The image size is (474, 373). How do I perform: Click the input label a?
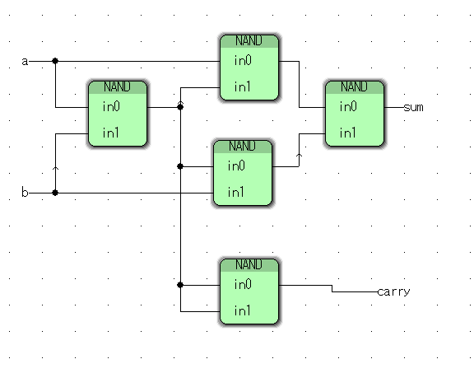coord(25,62)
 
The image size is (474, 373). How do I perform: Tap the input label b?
coord(25,192)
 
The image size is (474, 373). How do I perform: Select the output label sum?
coord(414,108)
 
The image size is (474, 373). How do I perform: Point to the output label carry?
coord(394,292)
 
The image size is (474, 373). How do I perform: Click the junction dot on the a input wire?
coord(55,61)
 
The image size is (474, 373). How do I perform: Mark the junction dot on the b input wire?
coord(55,193)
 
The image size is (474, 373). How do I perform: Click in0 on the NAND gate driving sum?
coord(348,106)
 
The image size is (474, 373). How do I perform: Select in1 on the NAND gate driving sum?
coord(347,133)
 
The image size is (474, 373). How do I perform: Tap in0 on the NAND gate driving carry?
coord(243,284)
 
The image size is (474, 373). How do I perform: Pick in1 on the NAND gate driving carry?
coord(242,310)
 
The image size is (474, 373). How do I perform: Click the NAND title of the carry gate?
coord(249,264)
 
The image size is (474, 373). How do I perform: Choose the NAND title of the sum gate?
coord(354,86)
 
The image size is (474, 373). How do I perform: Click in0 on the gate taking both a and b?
coord(111,106)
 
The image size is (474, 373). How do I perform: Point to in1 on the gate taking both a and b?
coord(110,133)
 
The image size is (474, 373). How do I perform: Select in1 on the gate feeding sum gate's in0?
coord(242,86)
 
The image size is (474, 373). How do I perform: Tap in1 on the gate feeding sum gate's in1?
coord(235,192)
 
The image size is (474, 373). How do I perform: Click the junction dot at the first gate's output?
coord(180,107)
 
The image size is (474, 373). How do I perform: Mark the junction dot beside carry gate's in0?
coord(180,285)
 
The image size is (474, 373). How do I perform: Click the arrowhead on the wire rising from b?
coord(55,168)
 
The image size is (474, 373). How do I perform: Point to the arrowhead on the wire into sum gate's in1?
coord(299,156)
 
